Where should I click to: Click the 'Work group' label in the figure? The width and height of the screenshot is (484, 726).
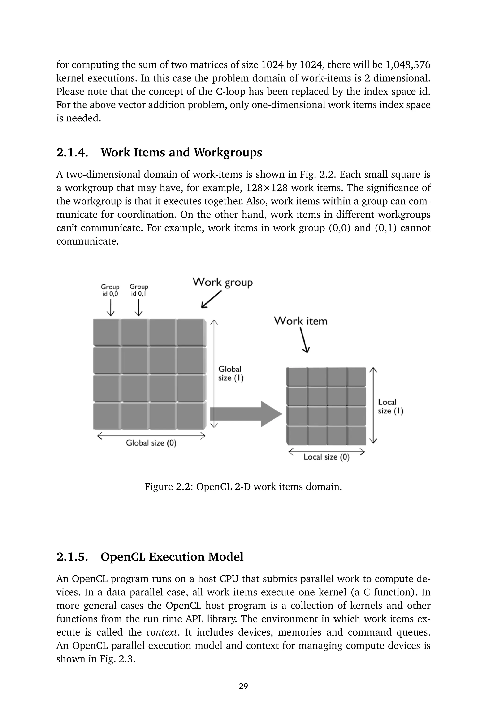223,282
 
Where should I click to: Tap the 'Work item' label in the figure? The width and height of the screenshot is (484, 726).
300,321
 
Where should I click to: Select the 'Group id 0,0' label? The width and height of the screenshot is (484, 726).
110,290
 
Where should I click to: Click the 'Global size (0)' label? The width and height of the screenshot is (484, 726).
151,443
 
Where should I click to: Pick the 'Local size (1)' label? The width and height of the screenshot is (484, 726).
390,406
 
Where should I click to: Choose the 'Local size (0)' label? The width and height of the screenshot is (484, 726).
326,457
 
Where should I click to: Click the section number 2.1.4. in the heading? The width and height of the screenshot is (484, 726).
72,152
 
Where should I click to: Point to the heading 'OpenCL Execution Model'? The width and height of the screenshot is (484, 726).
172,557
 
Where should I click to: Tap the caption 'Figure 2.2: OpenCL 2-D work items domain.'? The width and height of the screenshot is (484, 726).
243,487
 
